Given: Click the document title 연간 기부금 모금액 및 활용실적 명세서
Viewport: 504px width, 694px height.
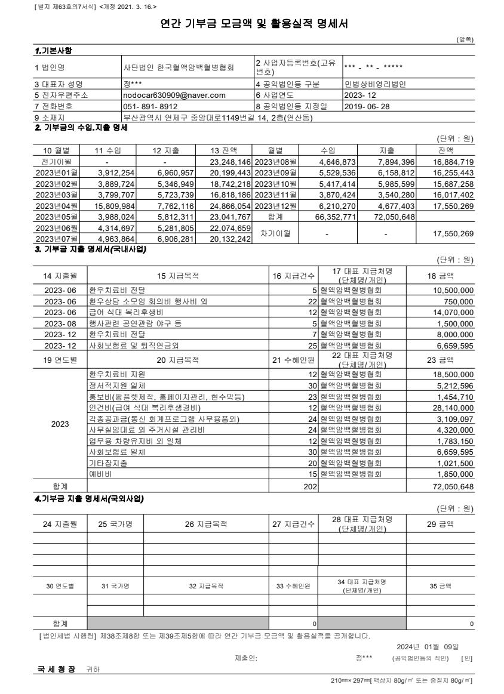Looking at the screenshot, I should click(251, 24).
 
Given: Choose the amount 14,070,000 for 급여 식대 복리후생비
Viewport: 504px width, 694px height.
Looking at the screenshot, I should click(450, 311).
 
